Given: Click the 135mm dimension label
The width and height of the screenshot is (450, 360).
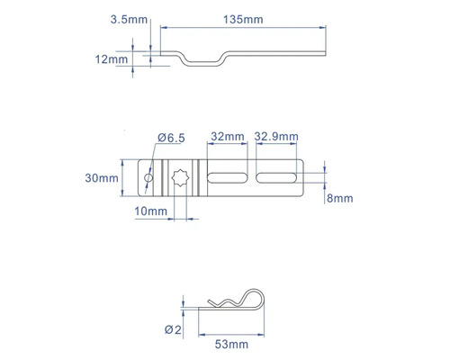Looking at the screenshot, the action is coord(243,20).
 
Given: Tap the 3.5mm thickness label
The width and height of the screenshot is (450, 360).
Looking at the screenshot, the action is coord(129,20).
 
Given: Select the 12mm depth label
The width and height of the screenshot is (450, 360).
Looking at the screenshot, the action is coord(112,59).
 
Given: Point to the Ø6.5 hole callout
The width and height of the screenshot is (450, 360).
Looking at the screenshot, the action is coord(171,138).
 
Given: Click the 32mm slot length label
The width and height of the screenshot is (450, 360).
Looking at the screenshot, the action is coord(228,137).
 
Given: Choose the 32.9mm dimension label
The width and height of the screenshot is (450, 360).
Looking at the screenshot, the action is coord(276,137).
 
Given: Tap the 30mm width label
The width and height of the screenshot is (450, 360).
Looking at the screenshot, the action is coord(102,178).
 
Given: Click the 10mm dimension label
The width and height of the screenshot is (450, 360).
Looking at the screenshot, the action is coord(150,211).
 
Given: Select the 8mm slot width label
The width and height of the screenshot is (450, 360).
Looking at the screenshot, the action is coord(340,198).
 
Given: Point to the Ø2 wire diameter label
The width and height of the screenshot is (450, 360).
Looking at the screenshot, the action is coord(173,329).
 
